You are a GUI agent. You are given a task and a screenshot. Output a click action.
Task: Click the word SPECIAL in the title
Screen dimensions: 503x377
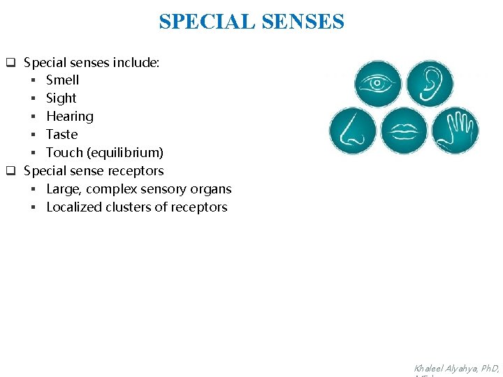[207, 22]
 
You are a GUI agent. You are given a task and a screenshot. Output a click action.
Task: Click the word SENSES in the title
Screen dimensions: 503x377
[303, 22]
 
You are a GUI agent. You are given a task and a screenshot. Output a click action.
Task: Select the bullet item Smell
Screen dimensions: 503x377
[62, 80]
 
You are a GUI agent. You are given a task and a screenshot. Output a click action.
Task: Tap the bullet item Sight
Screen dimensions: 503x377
[61, 98]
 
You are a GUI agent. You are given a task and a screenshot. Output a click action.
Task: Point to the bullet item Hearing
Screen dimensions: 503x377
[69, 117]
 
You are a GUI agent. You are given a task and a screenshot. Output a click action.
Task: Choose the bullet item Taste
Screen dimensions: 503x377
[61, 135]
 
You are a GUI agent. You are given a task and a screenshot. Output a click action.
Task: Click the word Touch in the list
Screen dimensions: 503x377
[64, 153]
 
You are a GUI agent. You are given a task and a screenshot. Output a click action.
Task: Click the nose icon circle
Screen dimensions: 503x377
[352, 131]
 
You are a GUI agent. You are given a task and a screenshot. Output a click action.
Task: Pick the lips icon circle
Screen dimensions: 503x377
[404, 131]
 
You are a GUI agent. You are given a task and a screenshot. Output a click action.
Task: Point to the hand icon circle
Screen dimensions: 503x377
[455, 131]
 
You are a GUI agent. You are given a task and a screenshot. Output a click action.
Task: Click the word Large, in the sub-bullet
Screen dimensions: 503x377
[64, 189]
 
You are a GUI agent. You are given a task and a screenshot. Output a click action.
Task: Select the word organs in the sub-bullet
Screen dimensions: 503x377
[212, 189]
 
